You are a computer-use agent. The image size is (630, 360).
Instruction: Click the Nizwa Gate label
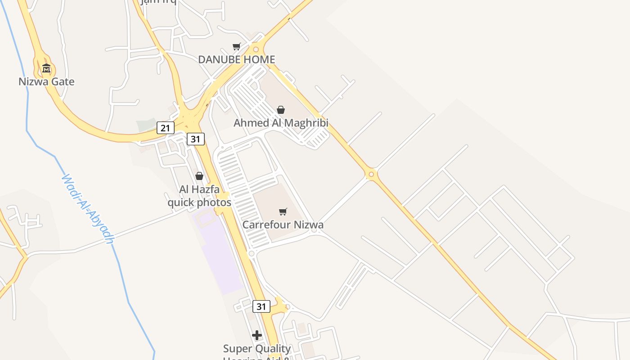pyautogui.click(x=46, y=82)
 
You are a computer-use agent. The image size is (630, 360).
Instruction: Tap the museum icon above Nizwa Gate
pyautogui.click(x=46, y=69)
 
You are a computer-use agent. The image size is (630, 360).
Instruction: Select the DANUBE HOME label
pyautogui.click(x=236, y=60)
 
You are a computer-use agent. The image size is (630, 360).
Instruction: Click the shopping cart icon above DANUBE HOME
pyautogui.click(x=237, y=46)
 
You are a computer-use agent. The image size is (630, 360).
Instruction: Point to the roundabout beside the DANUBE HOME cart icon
pyautogui.click(x=256, y=49)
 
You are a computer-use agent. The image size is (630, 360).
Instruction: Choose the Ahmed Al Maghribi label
pyautogui.click(x=281, y=123)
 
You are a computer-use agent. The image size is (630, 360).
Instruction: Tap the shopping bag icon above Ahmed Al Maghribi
pyautogui.click(x=281, y=110)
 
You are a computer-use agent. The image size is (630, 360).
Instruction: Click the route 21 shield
pyautogui.click(x=165, y=128)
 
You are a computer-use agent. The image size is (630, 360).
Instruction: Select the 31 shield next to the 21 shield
pyautogui.click(x=195, y=139)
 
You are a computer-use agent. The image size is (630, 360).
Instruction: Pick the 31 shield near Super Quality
pyautogui.click(x=261, y=307)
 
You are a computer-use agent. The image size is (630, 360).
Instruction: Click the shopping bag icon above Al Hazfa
pyautogui.click(x=199, y=176)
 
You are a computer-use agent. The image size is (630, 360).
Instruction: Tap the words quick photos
pyautogui.click(x=199, y=202)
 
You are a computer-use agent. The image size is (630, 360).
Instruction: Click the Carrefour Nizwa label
pyautogui.click(x=283, y=225)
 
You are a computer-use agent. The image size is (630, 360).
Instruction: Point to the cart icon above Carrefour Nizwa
pyautogui.click(x=283, y=211)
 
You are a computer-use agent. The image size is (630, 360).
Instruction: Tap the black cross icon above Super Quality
pyautogui.click(x=257, y=335)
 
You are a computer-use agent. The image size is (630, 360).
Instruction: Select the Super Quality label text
pyautogui.click(x=257, y=349)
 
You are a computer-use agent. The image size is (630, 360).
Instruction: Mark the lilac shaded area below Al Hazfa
pyautogui.click(x=220, y=256)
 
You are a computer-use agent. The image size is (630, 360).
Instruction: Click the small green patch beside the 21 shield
pyautogui.click(x=146, y=125)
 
